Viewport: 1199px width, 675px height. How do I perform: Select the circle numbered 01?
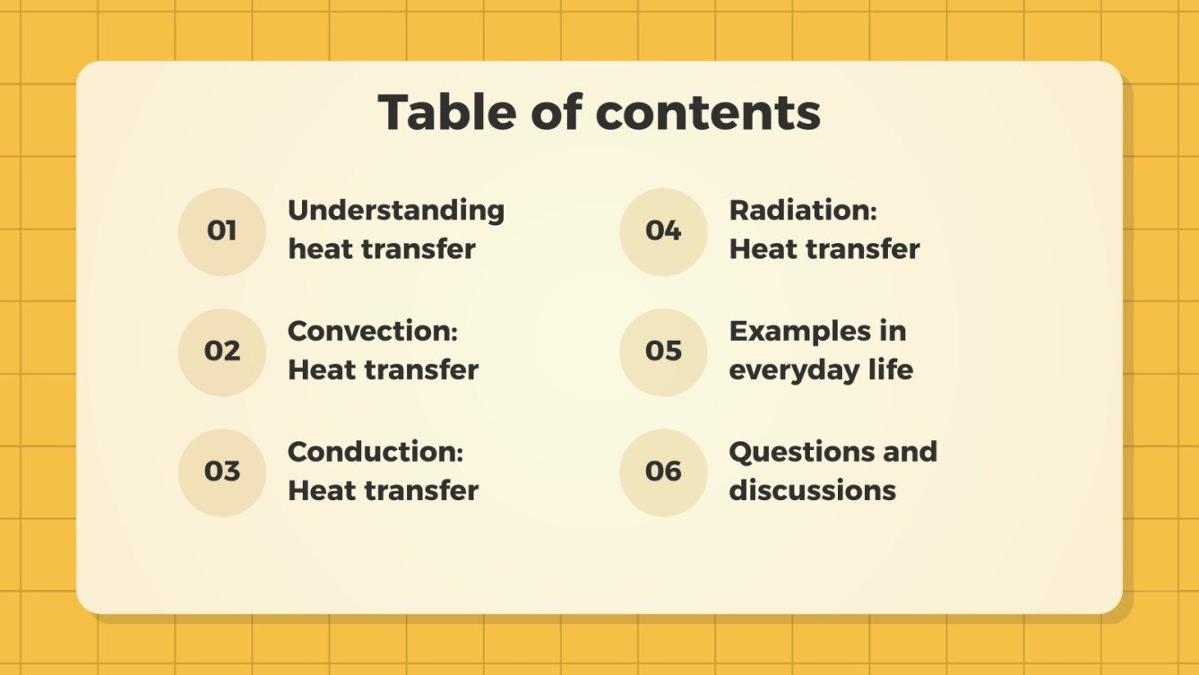221,231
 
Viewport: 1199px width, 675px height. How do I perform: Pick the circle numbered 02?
221,351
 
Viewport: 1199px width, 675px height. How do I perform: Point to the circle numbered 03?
221,472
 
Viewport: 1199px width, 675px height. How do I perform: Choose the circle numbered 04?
663,231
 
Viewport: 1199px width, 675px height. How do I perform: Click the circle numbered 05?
663,351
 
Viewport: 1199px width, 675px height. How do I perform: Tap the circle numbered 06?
663,472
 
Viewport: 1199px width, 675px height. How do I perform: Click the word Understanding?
396,211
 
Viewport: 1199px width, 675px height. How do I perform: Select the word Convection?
373,331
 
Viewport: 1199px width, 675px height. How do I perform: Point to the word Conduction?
375,451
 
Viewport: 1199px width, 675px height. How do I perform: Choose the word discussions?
812,490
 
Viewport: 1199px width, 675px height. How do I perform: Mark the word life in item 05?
891,369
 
